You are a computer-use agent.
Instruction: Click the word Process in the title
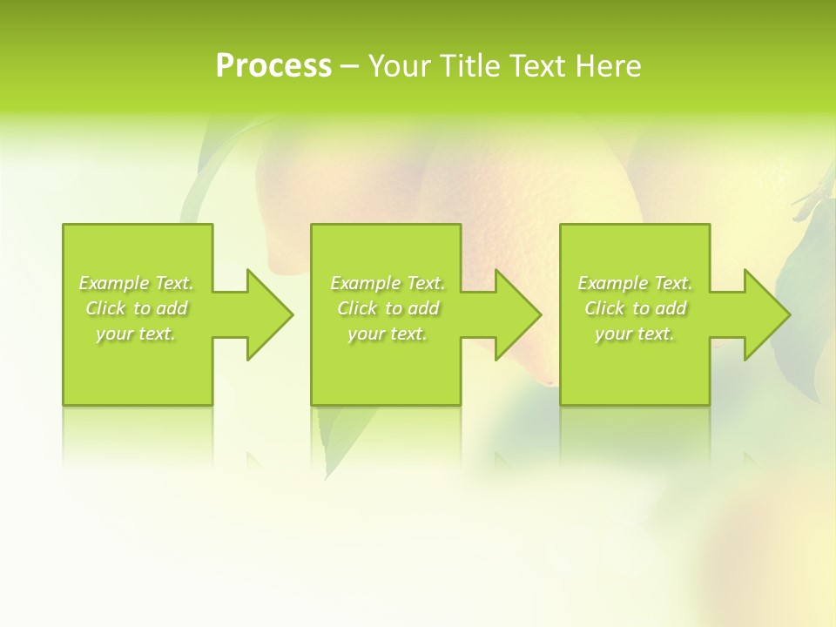click(x=273, y=66)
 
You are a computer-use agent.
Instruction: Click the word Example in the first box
click(x=114, y=283)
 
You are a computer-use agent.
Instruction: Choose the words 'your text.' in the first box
click(x=136, y=334)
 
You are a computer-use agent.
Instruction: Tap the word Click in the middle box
click(x=357, y=308)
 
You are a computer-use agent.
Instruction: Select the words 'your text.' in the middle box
click(x=388, y=334)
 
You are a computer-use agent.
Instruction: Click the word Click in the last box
click(x=604, y=308)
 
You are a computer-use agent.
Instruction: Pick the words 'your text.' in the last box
click(x=635, y=334)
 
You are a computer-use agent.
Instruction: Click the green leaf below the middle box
click(x=334, y=440)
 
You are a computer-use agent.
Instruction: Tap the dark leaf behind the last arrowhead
click(x=806, y=296)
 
